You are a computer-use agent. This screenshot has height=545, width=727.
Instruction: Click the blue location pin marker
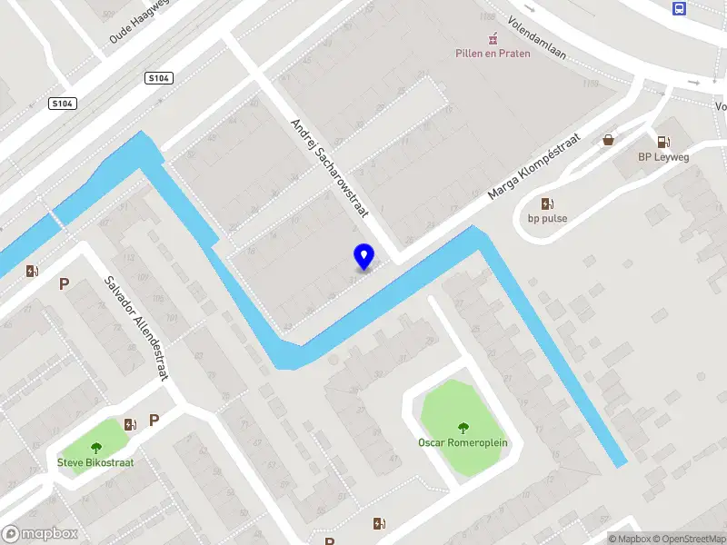click(363, 257)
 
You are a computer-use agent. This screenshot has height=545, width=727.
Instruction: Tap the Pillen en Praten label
click(492, 53)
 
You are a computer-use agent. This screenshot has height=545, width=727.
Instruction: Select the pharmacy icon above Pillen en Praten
click(493, 38)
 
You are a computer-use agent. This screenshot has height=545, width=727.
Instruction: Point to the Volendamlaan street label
click(536, 39)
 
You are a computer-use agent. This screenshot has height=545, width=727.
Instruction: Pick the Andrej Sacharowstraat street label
click(328, 168)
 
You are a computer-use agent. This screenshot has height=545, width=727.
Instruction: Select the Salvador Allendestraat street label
click(135, 328)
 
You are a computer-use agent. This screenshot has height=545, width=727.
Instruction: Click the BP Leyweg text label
click(662, 156)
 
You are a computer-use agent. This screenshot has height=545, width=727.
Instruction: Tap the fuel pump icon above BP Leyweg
click(663, 142)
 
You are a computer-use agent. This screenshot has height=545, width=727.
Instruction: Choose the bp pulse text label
click(547, 218)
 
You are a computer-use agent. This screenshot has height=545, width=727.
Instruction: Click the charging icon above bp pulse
click(547, 203)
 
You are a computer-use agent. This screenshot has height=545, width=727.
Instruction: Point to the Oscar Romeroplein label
click(463, 442)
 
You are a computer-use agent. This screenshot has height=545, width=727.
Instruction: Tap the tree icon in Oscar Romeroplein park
click(463, 428)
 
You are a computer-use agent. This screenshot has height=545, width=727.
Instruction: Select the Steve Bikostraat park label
click(96, 461)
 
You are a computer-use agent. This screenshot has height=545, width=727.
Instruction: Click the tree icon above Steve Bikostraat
click(96, 447)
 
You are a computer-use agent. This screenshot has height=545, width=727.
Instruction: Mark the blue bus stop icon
click(679, 8)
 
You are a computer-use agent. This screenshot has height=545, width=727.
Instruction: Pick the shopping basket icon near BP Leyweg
click(608, 140)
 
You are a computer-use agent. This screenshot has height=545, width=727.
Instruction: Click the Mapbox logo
click(40, 534)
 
